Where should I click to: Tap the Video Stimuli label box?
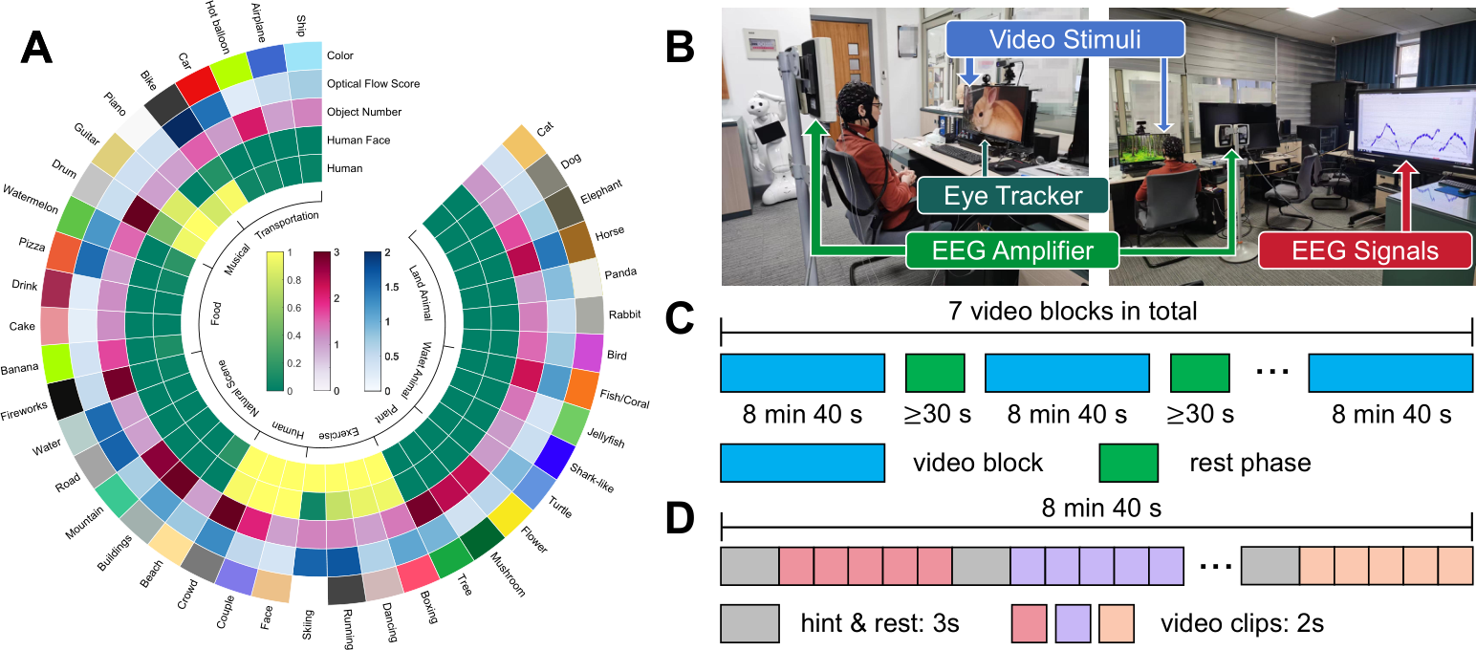[x=1064, y=41]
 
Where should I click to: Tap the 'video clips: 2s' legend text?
[x=1242, y=624]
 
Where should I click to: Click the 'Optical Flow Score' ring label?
[x=373, y=84]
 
